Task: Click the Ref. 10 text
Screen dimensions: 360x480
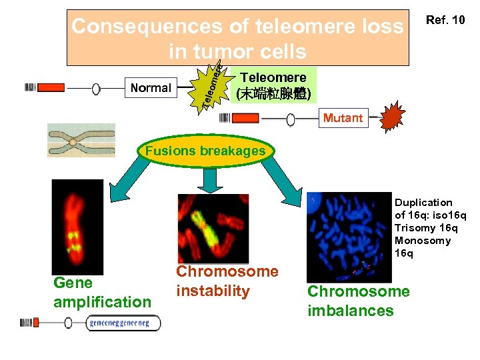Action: click(445, 20)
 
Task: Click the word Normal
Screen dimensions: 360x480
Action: click(151, 88)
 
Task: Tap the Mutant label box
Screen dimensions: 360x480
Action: click(343, 119)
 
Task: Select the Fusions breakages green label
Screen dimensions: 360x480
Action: click(205, 151)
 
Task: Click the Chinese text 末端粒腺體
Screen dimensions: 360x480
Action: click(273, 93)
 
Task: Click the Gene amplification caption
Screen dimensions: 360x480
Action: click(102, 293)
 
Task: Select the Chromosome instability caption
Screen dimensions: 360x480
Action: click(227, 281)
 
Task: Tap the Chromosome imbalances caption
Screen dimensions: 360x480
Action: click(359, 301)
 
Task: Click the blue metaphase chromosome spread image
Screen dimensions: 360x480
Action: click(349, 237)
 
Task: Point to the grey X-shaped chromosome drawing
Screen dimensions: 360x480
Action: click(81, 140)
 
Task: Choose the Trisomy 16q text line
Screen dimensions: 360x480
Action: click(426, 228)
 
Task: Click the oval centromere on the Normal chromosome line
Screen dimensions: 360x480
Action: click(96, 89)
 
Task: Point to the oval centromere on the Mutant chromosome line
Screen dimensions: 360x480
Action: click(291, 119)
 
